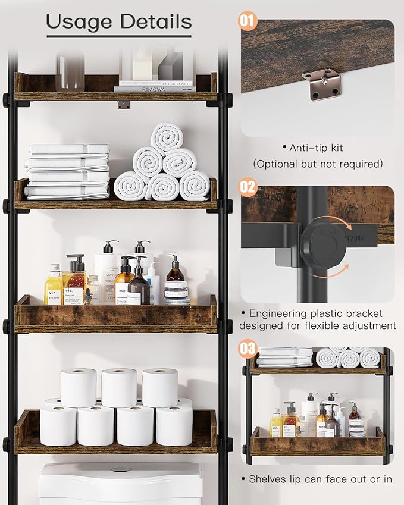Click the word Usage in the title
click(80, 22)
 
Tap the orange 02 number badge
click(248, 187)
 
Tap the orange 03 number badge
click(248, 348)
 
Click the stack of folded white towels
click(68, 171)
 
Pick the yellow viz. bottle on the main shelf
click(53, 287)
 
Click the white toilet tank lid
click(121, 475)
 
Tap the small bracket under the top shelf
click(123, 105)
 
